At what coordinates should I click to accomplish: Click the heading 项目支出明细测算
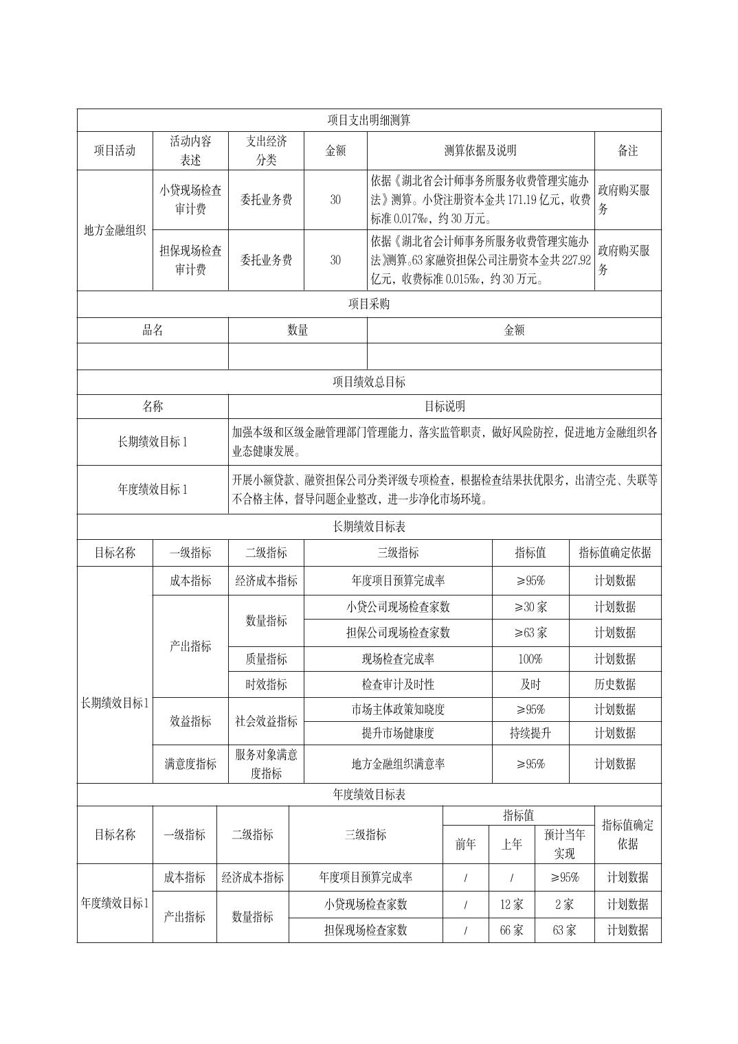(x=369, y=120)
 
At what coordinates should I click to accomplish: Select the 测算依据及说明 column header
(x=480, y=150)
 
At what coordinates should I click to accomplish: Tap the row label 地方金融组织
(x=115, y=230)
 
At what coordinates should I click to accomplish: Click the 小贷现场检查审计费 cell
(x=190, y=200)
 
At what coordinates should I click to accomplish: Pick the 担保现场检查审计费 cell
(x=190, y=260)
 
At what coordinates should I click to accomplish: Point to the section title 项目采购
(x=369, y=304)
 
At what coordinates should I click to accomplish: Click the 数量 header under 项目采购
(x=298, y=330)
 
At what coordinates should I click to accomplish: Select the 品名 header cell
(x=153, y=330)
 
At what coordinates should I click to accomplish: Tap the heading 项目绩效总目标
(x=369, y=382)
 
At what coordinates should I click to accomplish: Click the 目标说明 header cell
(x=445, y=407)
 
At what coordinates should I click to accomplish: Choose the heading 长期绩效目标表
(x=369, y=527)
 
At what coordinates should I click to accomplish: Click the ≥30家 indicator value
(x=530, y=607)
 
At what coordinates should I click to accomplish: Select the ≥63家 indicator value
(x=530, y=633)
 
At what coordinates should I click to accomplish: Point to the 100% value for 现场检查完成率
(x=530, y=659)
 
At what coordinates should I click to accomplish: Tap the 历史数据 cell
(x=615, y=684)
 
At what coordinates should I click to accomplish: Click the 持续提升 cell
(x=530, y=733)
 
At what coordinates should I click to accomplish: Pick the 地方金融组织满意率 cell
(x=398, y=764)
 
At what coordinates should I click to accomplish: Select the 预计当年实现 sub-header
(x=564, y=844)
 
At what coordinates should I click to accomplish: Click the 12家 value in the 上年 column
(x=511, y=905)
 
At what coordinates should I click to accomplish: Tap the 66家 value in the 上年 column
(x=511, y=930)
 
